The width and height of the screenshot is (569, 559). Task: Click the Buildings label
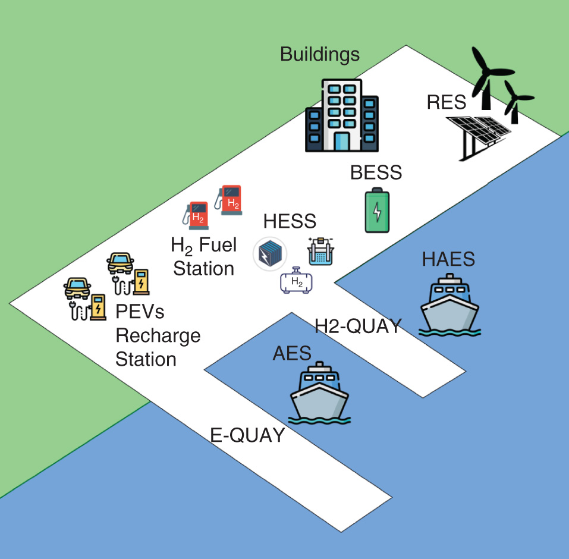click(320, 55)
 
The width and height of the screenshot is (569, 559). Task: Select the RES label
click(446, 102)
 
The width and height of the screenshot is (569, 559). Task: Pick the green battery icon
click(378, 210)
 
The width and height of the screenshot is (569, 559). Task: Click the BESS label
click(376, 172)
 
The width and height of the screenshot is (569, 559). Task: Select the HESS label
click(290, 221)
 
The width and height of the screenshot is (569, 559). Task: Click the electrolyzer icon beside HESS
click(320, 252)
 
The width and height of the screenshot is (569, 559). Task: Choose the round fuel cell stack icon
click(270, 254)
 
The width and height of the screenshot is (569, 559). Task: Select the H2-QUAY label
click(358, 326)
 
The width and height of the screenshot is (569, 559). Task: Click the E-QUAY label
click(248, 435)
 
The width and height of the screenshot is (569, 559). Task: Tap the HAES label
click(448, 259)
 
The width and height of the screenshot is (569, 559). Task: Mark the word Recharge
click(158, 337)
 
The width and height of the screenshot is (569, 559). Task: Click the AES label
click(292, 353)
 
